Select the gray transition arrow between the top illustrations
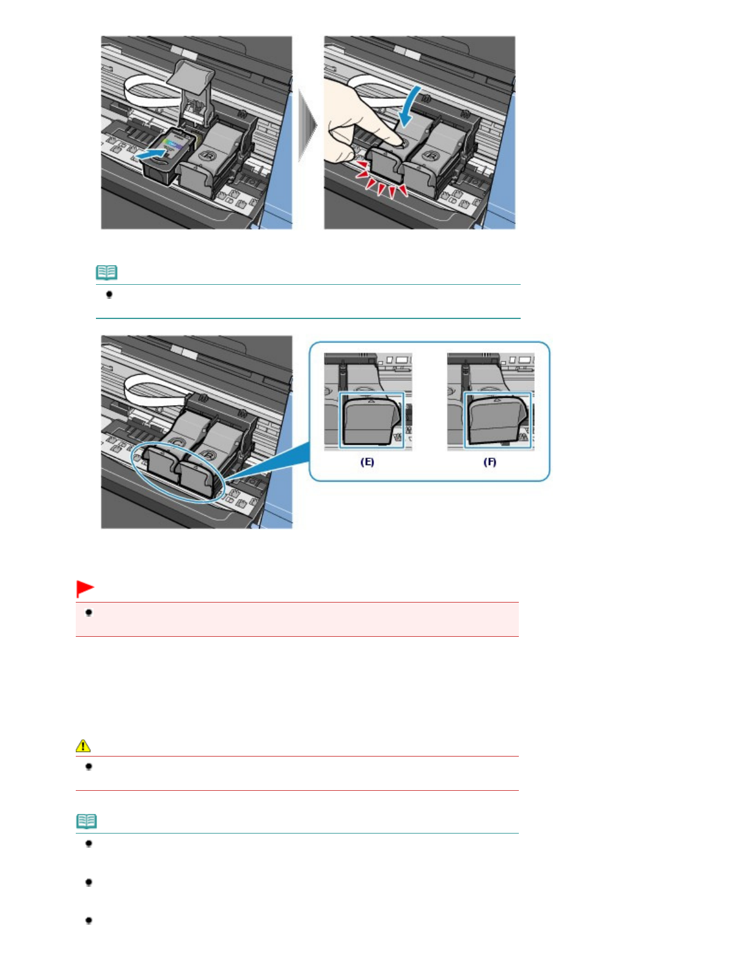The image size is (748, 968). point(307,125)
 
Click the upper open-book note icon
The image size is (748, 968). point(107,272)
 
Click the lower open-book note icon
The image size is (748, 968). point(86,821)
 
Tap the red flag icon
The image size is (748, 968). point(85,588)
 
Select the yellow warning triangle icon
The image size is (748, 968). point(83,746)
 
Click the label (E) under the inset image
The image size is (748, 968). point(367,462)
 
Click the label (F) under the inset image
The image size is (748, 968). point(490,462)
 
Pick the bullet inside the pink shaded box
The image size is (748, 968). point(89,613)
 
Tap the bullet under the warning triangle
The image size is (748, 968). point(89,767)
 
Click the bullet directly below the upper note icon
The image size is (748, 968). point(109,295)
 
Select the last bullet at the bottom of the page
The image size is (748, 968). point(89,920)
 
